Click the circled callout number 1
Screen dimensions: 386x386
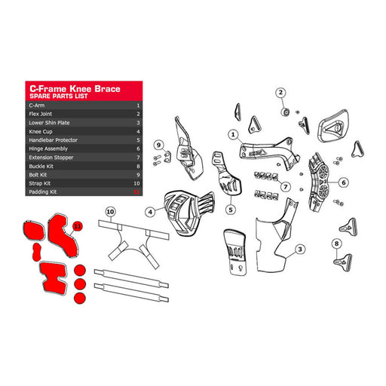(234, 136)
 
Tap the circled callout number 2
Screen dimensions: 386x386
(280, 93)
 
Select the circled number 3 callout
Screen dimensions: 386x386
(299, 249)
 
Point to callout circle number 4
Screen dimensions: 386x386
(151, 213)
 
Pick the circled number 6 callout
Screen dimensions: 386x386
(343, 182)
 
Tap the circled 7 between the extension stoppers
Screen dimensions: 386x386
(286, 187)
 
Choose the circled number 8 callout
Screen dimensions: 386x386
(335, 244)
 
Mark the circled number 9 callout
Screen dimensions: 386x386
(158, 145)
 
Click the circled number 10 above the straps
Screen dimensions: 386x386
(111, 213)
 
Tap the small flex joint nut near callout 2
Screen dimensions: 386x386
(287, 112)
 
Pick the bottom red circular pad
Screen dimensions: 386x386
(78, 297)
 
